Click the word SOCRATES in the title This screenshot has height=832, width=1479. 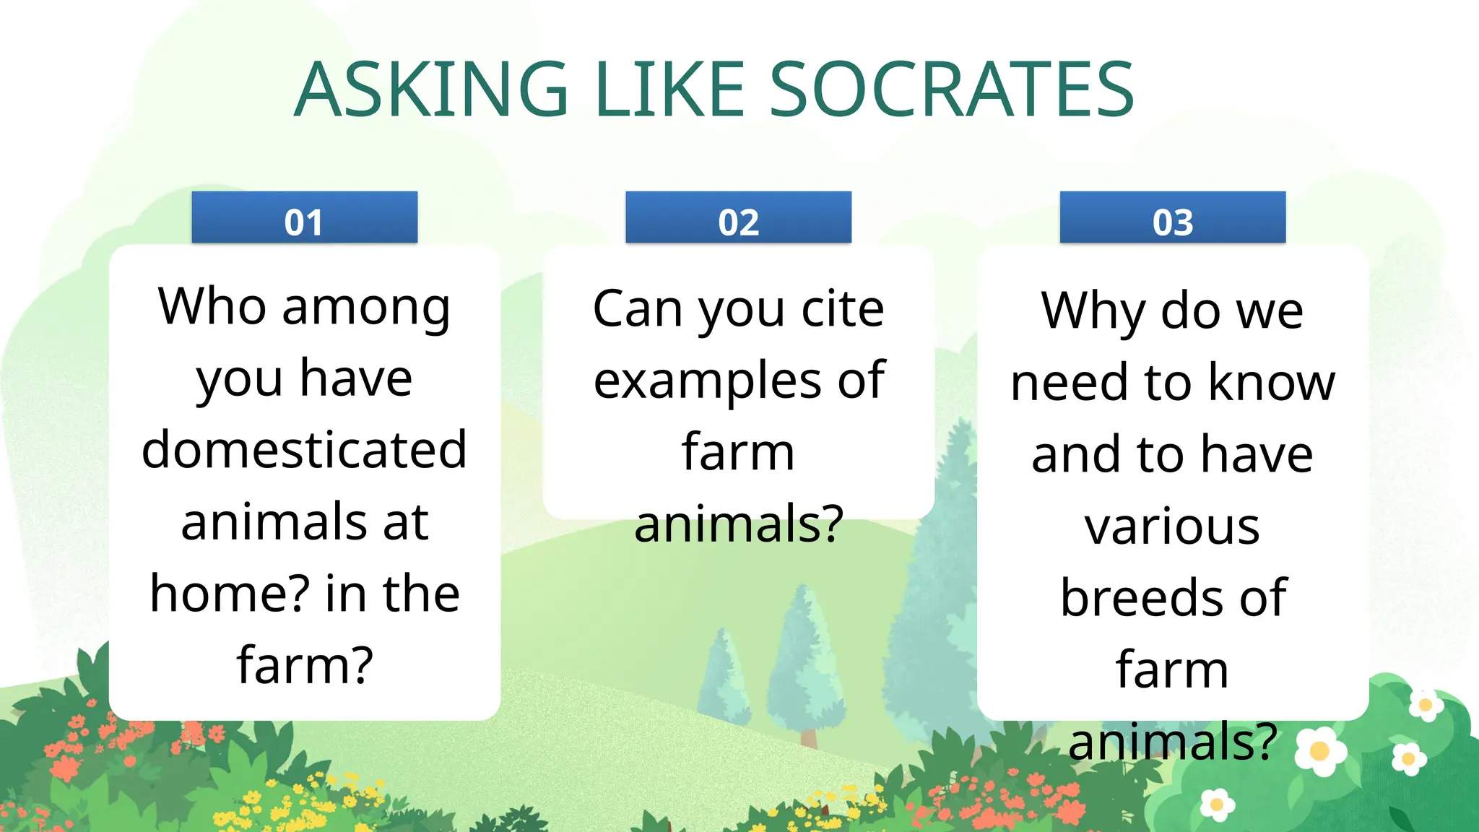point(951,90)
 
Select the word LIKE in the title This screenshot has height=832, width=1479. point(669,90)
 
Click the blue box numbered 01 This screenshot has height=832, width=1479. point(304,218)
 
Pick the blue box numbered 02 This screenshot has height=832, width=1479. point(738,218)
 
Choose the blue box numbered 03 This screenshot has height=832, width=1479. point(1172,218)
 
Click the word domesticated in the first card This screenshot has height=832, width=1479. point(304,449)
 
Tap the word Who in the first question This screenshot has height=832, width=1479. point(212,306)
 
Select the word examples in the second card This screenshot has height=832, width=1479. point(707,380)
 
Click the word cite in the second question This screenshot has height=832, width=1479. point(843,308)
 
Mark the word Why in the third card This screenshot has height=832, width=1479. point(1093,311)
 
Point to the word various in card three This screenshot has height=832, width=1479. point(1172,526)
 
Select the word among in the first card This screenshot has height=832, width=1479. point(366,308)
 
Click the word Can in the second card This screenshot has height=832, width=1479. point(637,308)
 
